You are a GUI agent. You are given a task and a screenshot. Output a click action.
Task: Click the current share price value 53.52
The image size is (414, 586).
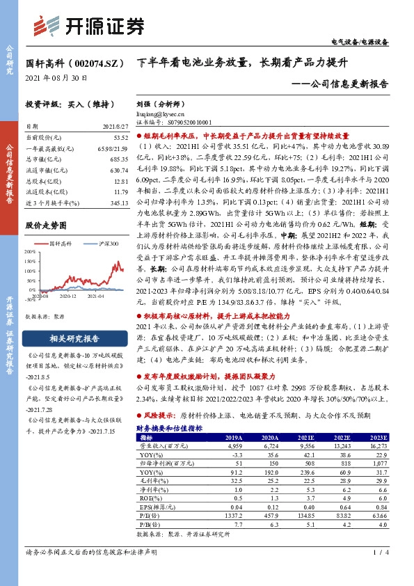pyautogui.click(x=120, y=138)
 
